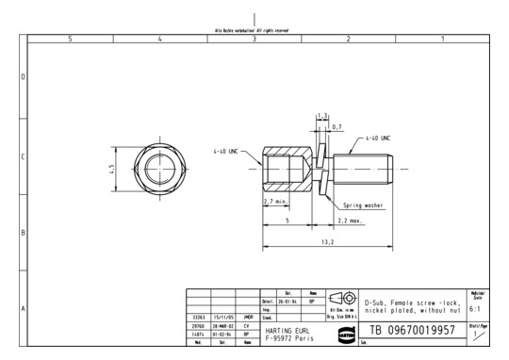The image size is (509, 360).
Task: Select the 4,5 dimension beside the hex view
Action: point(112,169)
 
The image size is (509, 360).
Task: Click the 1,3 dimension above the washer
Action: point(321,115)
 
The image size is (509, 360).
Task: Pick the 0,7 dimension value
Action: point(337,125)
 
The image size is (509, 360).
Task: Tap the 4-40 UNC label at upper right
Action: point(377,138)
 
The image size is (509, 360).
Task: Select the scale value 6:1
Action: point(476,307)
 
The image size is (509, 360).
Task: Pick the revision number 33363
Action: point(197,318)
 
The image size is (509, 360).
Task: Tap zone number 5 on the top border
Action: point(71,39)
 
